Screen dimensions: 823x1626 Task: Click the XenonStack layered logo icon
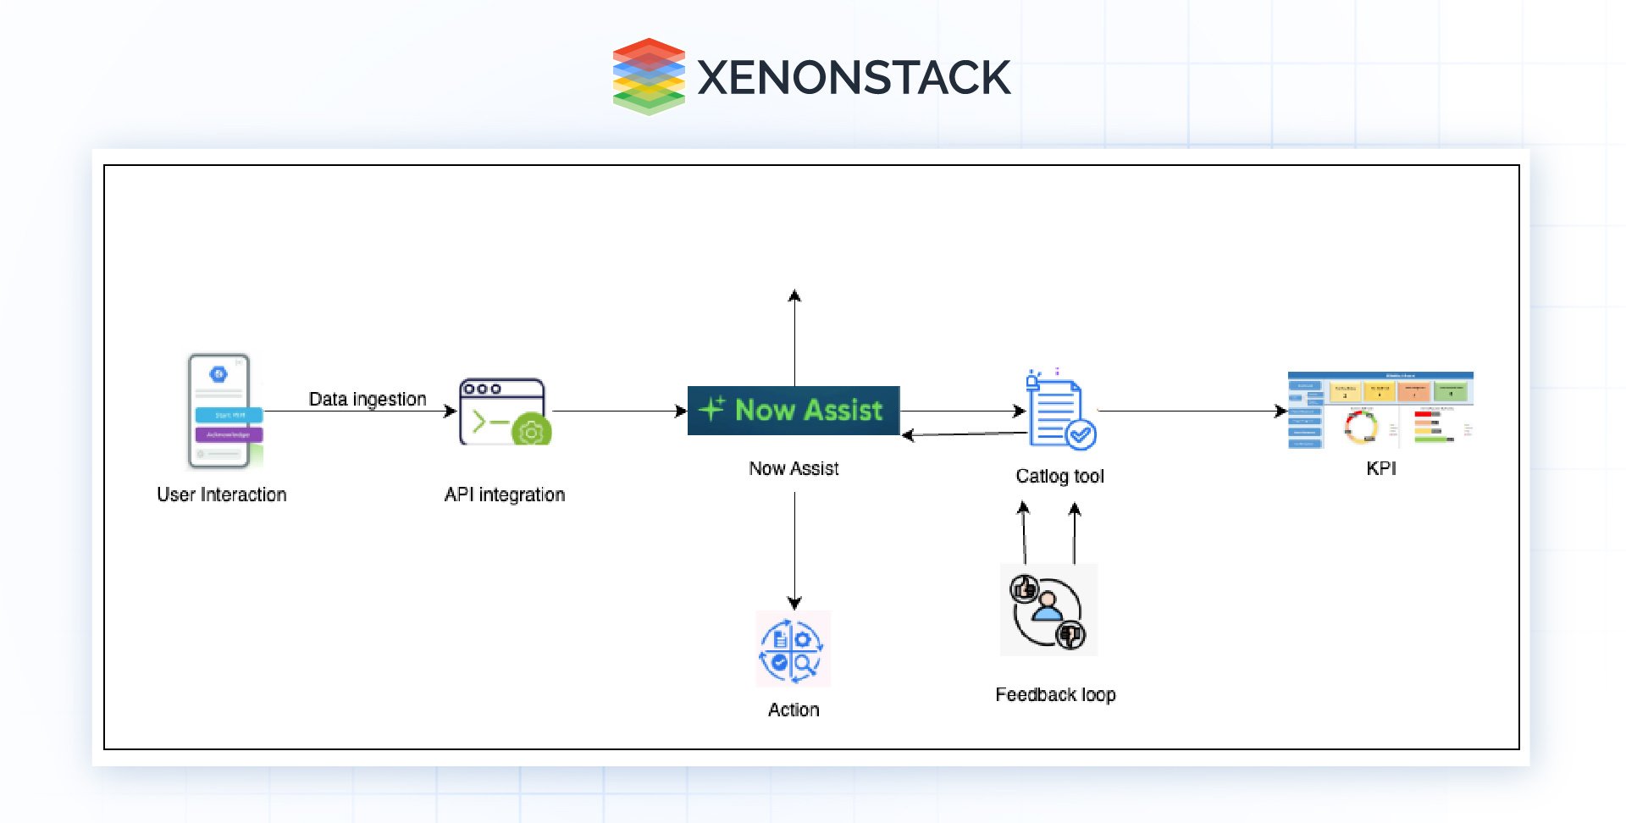pos(648,76)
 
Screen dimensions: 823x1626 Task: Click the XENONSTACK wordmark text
pos(854,77)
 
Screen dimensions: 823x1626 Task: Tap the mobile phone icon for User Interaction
pos(222,411)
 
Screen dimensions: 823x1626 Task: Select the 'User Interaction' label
pos(222,494)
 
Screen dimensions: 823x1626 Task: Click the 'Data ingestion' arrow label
pos(368,399)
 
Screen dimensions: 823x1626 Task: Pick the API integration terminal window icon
pos(503,411)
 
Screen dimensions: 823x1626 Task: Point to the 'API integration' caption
pos(505,494)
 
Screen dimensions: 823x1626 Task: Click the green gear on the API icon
pos(532,432)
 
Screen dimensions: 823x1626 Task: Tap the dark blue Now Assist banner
pos(794,411)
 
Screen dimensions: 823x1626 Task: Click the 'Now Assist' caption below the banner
pos(794,468)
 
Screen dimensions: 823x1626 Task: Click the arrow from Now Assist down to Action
pos(794,550)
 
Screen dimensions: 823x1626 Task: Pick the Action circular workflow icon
pos(793,649)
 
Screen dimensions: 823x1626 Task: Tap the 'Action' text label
pos(794,710)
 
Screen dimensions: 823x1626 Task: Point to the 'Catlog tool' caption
pos(1059,476)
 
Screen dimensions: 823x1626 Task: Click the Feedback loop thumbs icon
pos(1048,610)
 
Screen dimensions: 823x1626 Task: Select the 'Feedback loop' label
pos(1055,694)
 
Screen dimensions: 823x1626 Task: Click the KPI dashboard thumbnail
pos(1380,410)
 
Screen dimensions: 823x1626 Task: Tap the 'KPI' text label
pos(1380,468)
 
